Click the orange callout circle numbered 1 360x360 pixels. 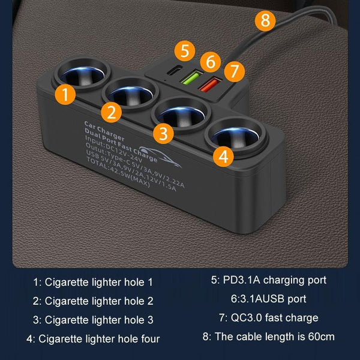(x=65, y=94)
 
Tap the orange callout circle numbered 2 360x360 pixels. (x=112, y=112)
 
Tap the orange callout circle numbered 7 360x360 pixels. (x=235, y=71)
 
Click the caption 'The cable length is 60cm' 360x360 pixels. (x=268, y=337)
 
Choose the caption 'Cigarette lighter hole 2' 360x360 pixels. (x=95, y=301)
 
